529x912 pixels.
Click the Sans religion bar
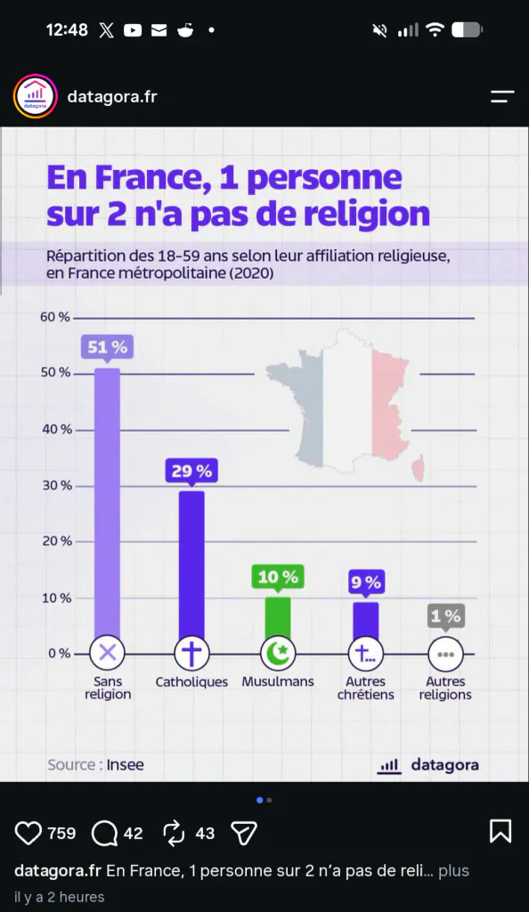[x=107, y=503]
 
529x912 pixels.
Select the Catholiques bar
[x=191, y=565]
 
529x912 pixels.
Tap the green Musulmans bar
[x=278, y=617]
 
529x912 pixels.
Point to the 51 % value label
[x=108, y=347]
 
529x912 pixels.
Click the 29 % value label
[x=191, y=470]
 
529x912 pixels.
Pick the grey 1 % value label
[x=446, y=615]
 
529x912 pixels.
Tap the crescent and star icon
[x=278, y=654]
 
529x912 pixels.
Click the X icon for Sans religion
[x=108, y=654]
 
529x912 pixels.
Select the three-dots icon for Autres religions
[x=446, y=655]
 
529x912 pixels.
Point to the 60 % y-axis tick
[x=55, y=317]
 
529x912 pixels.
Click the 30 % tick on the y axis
[x=57, y=485]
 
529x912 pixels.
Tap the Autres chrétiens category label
[x=366, y=688]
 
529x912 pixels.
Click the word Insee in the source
[x=125, y=765]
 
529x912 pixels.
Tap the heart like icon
[x=28, y=833]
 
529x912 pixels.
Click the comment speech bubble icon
[x=104, y=834]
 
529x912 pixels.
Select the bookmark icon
[x=501, y=831]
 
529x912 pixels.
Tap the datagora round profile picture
[x=35, y=96]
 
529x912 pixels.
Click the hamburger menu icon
[x=502, y=96]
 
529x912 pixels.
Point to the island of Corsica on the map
[x=419, y=470]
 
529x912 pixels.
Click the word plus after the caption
[x=453, y=871]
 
